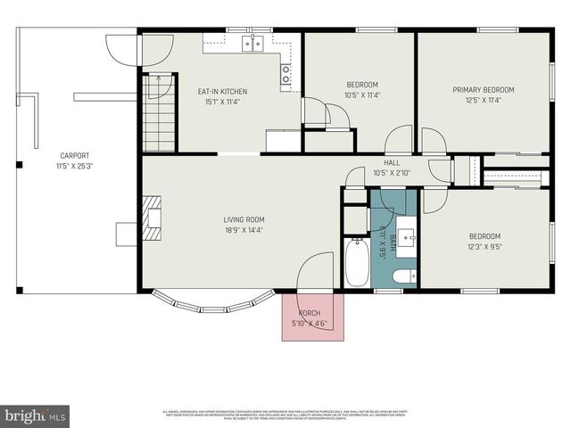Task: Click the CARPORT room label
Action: (x=74, y=155)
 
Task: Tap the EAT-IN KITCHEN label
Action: (x=222, y=91)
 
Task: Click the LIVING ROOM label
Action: (x=244, y=219)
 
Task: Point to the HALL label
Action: (x=392, y=162)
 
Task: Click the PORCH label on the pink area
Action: (x=310, y=313)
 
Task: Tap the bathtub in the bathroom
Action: (x=357, y=261)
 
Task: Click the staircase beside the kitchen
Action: (x=160, y=113)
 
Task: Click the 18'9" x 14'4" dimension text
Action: (x=244, y=230)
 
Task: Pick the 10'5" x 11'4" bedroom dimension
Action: (x=362, y=95)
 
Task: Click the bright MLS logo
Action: (x=35, y=415)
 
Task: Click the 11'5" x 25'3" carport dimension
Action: (x=74, y=165)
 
